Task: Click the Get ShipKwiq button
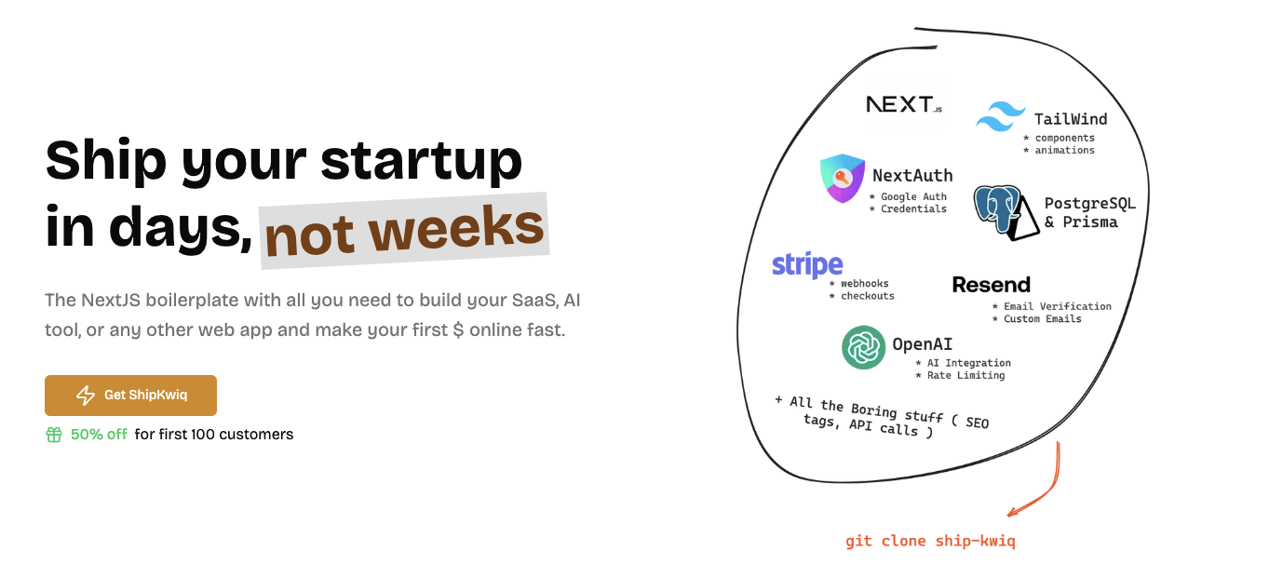pyautogui.click(x=130, y=396)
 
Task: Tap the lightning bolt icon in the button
pyautogui.click(x=86, y=396)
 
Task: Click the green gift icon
pyautogui.click(x=54, y=435)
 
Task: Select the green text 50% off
pyautogui.click(x=99, y=435)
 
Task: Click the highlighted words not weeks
pyautogui.click(x=404, y=230)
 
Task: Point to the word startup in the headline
pyautogui.click(x=422, y=161)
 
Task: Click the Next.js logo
pyautogui.click(x=904, y=104)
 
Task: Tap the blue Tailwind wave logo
pyautogui.click(x=1001, y=116)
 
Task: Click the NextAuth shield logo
pyautogui.click(x=843, y=178)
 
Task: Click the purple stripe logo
pyautogui.click(x=807, y=265)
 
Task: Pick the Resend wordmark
pyautogui.click(x=991, y=284)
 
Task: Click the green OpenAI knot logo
pyautogui.click(x=863, y=347)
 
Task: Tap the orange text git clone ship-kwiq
pyautogui.click(x=930, y=542)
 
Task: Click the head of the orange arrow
pyautogui.click(x=1009, y=514)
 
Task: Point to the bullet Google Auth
pyautogui.click(x=908, y=196)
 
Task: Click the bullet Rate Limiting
pyautogui.click(x=960, y=375)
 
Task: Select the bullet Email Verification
pyautogui.click(x=1051, y=306)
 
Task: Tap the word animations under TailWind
pyautogui.click(x=1064, y=150)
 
